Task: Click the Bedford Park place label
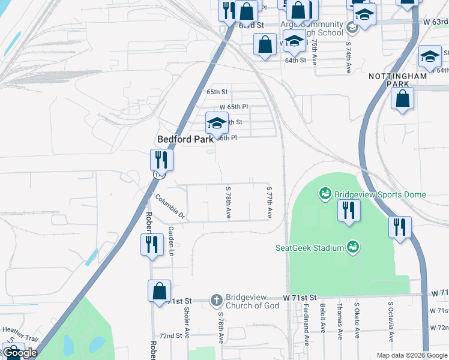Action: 185,139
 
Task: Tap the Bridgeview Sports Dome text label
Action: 379,194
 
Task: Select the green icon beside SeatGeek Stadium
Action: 354,247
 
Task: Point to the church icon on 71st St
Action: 216,298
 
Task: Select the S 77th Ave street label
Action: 270,201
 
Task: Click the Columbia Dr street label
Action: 171,205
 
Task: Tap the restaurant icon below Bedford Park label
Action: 161,160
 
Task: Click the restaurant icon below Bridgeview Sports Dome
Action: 347,211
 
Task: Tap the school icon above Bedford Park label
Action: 217,124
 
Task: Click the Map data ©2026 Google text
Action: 411,355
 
